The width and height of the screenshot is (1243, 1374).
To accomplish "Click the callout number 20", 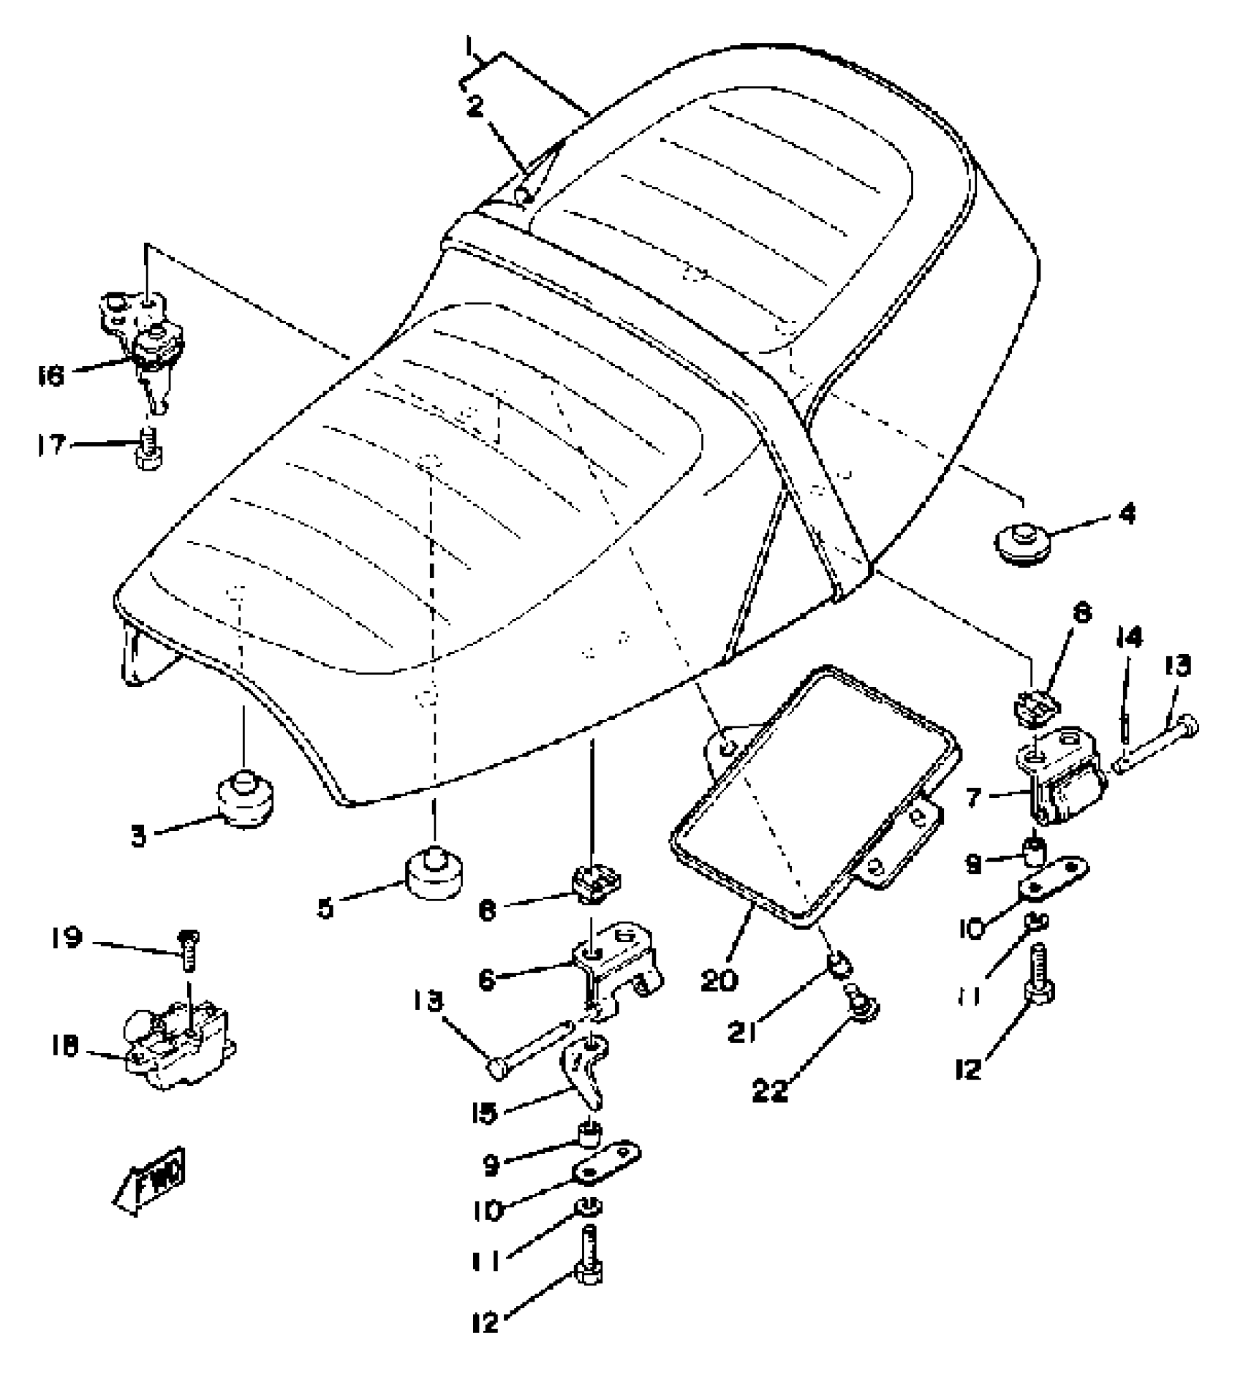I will click(719, 980).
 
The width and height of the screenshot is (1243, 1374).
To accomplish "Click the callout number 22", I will click(771, 1091).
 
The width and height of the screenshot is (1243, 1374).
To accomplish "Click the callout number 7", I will click(973, 797).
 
